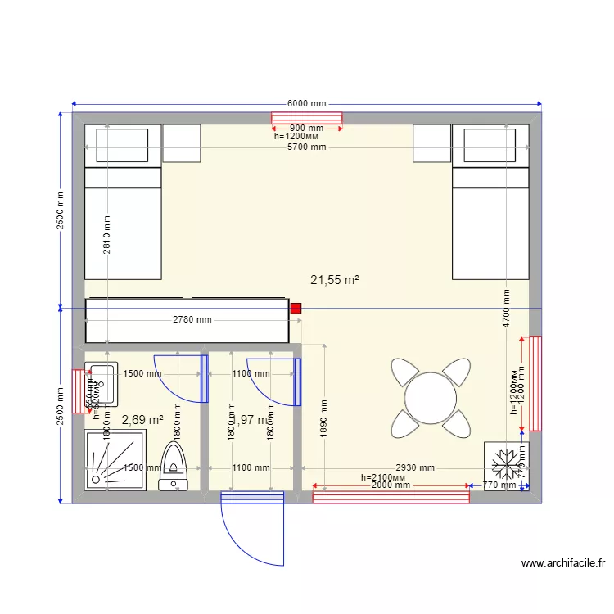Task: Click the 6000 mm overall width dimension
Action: [x=306, y=104]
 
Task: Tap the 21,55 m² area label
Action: [x=336, y=280]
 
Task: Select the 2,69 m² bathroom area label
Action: [x=142, y=420]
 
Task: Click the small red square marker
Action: [x=296, y=309]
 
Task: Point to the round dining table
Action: [x=431, y=399]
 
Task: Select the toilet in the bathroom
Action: [x=174, y=467]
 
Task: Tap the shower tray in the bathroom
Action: [x=116, y=460]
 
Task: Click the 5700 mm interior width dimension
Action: [x=306, y=147]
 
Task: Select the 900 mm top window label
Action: [x=306, y=129]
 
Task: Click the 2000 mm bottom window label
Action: [x=391, y=485]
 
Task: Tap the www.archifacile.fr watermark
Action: [x=562, y=563]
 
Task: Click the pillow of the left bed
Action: [x=123, y=145]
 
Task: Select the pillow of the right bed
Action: [x=490, y=145]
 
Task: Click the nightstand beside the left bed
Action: [x=182, y=144]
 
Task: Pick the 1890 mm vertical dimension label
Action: [x=325, y=418]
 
